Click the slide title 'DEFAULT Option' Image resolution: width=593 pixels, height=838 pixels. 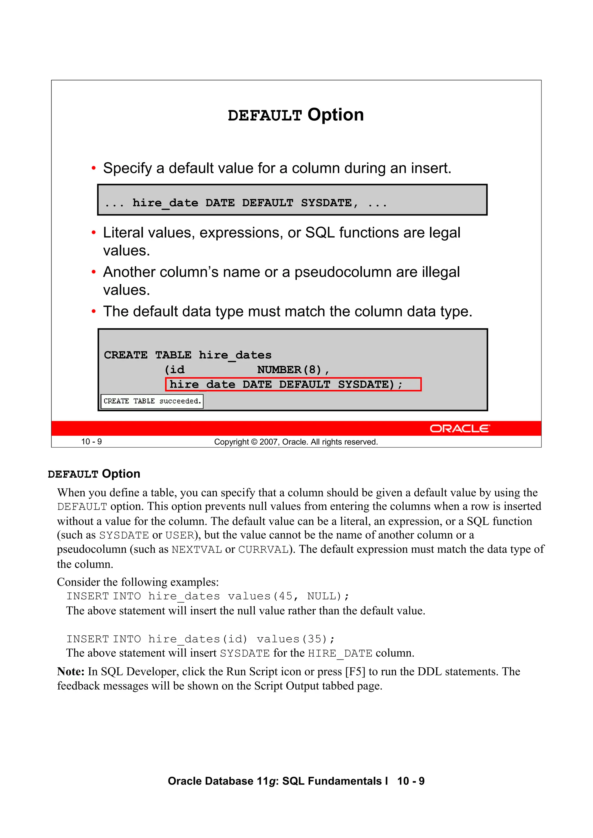[x=296, y=115]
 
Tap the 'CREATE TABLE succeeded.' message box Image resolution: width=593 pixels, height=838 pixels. [x=152, y=401]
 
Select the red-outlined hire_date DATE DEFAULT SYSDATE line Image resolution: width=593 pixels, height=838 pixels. [x=293, y=384]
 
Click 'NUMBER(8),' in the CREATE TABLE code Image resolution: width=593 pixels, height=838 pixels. [x=293, y=370]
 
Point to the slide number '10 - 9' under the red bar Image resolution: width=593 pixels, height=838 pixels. [x=91, y=442]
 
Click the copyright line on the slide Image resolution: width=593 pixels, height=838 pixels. [x=296, y=442]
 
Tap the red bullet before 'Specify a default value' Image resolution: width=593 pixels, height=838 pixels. [x=94, y=168]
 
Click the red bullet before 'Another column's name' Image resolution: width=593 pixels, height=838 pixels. [x=94, y=272]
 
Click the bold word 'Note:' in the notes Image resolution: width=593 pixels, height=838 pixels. [x=71, y=672]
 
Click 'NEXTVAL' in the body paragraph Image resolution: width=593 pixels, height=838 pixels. [x=197, y=550]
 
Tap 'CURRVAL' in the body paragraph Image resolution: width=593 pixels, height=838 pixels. [x=263, y=550]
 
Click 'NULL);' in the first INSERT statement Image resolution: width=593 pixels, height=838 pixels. [x=328, y=596]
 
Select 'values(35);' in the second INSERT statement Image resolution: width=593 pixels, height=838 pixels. [x=295, y=639]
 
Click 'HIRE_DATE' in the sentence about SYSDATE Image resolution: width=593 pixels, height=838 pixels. [x=340, y=653]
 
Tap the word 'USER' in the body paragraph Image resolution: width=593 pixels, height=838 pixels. [x=180, y=535]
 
